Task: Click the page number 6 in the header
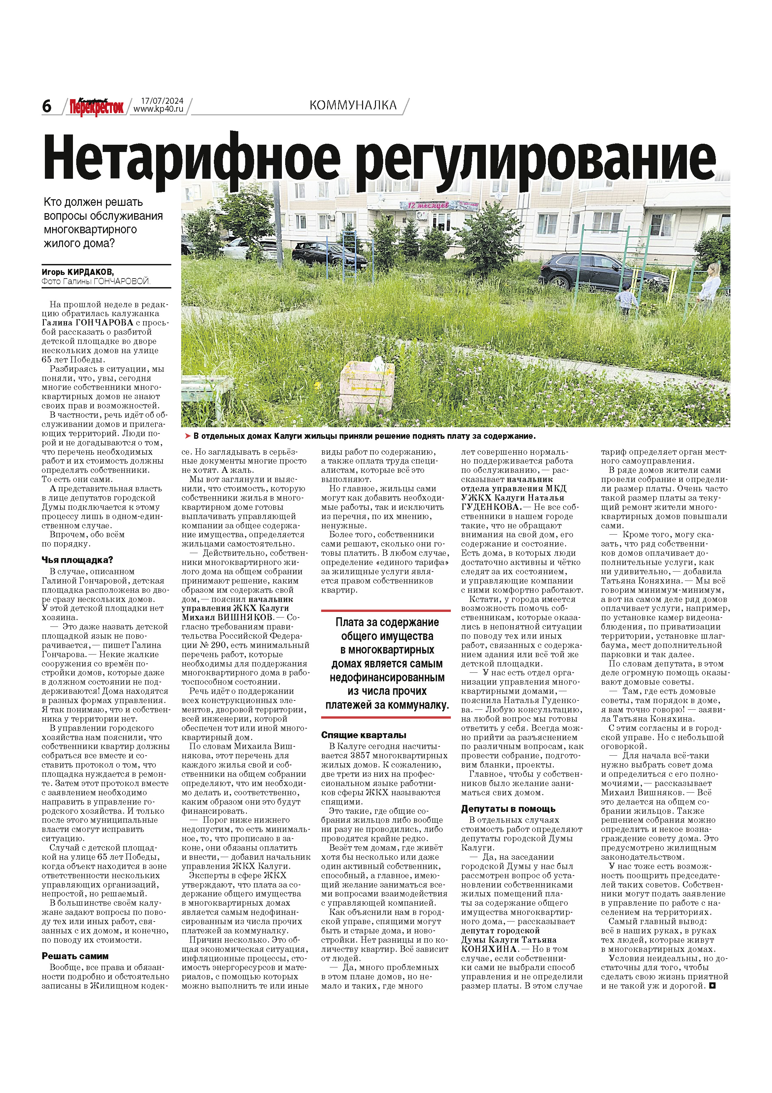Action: [x=47, y=106]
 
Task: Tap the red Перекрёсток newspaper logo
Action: [x=97, y=107]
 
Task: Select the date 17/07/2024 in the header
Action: [x=162, y=101]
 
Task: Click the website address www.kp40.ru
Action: [x=158, y=109]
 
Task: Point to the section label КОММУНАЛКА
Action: [x=353, y=105]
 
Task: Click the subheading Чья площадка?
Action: [x=77, y=560]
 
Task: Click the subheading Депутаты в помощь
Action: [x=508, y=809]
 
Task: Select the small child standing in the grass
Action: [x=626, y=300]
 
